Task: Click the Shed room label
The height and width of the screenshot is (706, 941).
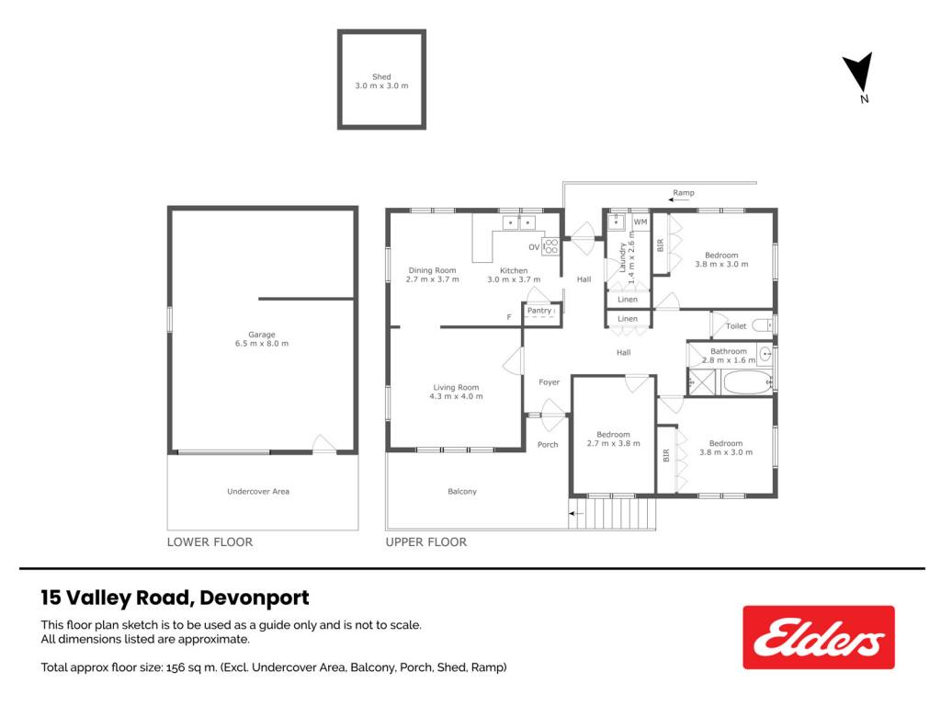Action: point(381,77)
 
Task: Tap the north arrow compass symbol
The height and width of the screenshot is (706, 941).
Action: point(859,72)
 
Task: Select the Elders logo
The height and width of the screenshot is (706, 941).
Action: point(819,637)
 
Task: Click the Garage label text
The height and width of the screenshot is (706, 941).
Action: point(262,335)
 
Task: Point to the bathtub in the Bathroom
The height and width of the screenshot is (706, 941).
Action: point(747,382)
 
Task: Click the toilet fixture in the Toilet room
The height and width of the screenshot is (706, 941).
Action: point(762,325)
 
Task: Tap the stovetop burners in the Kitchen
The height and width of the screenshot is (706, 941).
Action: point(551,246)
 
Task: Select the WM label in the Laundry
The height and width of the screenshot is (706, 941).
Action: point(641,222)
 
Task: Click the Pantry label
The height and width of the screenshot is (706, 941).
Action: point(539,311)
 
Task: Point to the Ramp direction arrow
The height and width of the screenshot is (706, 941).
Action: point(679,199)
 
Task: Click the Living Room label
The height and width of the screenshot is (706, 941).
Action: point(456,387)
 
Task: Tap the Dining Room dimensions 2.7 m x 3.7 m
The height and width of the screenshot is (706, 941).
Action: point(432,279)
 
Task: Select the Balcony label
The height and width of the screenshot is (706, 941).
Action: point(462,491)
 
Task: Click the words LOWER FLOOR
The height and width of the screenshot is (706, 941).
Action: point(210,542)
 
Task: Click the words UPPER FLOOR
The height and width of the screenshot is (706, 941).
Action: point(426,542)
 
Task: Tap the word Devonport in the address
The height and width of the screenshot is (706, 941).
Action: point(255,598)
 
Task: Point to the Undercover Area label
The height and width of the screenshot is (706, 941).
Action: point(258,491)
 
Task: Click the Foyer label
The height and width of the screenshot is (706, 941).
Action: point(550,381)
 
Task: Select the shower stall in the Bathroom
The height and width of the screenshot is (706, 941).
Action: point(702,382)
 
